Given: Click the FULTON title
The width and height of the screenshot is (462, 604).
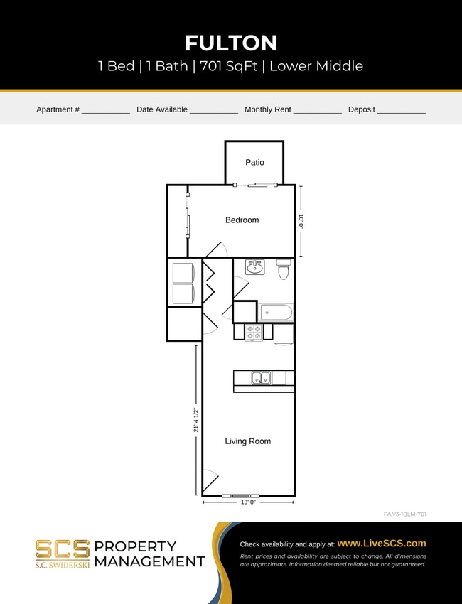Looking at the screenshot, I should (231, 43).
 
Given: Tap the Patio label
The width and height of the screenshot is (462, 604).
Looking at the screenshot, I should (254, 163).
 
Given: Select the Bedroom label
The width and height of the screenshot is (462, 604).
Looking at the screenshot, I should (242, 220).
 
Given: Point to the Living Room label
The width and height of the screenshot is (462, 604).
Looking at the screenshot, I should (247, 441).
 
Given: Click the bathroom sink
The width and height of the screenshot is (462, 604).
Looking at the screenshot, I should (254, 267).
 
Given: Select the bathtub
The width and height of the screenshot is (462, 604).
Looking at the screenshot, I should (276, 312).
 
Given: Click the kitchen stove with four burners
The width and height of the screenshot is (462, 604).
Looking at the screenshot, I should (254, 332).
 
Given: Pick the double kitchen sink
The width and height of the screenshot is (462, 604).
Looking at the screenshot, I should (260, 378).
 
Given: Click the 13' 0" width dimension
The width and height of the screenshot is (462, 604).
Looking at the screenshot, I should (248, 502).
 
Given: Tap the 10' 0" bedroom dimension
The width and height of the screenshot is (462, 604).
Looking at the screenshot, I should (301, 221).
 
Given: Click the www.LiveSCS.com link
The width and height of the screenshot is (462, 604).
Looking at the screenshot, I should (382, 544).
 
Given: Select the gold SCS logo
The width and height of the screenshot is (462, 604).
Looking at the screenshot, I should (63, 551).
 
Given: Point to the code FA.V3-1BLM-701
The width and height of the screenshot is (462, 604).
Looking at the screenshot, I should (404, 514).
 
